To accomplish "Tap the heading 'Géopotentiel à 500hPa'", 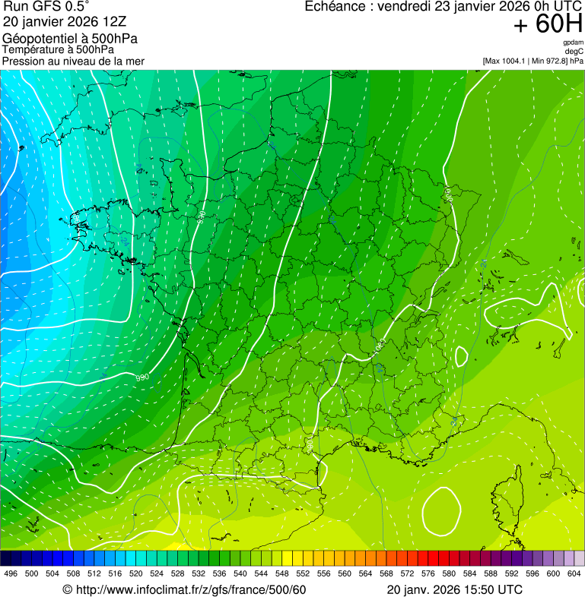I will pos(70,39).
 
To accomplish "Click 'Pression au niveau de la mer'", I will pos(73,61).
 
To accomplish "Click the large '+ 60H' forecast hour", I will pos(548,24).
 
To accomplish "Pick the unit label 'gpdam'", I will pos(573,43).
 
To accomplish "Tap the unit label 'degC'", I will pos(574,51).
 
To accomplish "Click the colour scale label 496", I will pos(11,573).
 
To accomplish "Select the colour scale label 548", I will pos(281,573).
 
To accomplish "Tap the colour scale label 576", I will pos(428,573).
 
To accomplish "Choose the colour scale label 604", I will pos(574,573).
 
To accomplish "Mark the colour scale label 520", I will pos(135,573).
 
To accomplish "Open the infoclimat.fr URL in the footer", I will pos(190,589).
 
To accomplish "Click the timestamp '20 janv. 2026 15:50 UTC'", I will pos(454,589).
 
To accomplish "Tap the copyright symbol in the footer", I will pos(67,589).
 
